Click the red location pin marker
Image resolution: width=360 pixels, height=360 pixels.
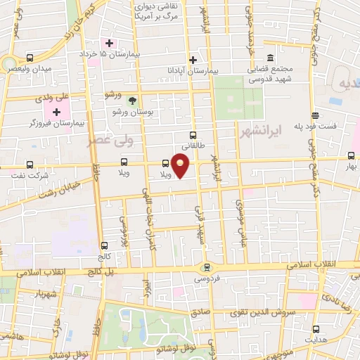coord(181,167)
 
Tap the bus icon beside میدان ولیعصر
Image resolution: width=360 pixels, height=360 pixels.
coord(30,58)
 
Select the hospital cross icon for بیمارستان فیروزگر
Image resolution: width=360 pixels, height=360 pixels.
coord(56,112)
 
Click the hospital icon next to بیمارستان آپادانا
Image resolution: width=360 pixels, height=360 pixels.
coord(193,60)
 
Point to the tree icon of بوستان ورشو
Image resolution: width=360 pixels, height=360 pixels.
coord(131,101)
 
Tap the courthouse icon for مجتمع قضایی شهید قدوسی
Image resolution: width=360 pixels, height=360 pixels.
coord(271,58)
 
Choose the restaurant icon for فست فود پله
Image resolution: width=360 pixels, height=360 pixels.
coord(316,116)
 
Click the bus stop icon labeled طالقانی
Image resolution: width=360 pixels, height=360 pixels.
coord(193,136)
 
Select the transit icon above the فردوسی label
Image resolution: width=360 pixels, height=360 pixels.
coord(206,266)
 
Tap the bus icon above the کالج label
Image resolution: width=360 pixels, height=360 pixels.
coord(105,245)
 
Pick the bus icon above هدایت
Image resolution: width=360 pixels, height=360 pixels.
coord(316,328)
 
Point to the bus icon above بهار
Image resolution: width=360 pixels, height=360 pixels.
coord(351,155)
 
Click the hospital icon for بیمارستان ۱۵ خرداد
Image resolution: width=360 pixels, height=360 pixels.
coord(109,44)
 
